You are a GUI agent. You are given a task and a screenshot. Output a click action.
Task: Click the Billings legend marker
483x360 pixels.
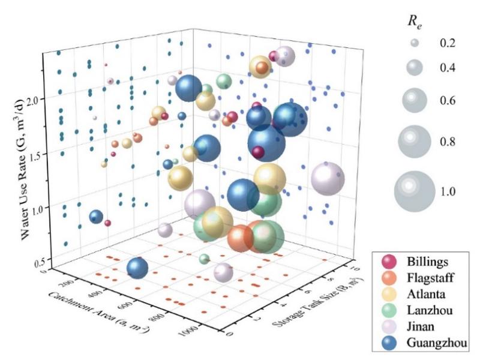(389, 262)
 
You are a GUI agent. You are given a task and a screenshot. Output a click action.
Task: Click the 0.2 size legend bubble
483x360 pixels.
(413, 43)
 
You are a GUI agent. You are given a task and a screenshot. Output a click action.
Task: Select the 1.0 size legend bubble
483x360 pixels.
(414, 191)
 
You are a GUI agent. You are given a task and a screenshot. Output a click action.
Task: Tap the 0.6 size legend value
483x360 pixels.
(447, 100)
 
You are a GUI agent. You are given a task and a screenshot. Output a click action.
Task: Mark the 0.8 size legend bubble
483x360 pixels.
(414, 142)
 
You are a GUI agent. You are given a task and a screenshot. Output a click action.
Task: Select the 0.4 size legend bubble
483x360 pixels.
(413, 68)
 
